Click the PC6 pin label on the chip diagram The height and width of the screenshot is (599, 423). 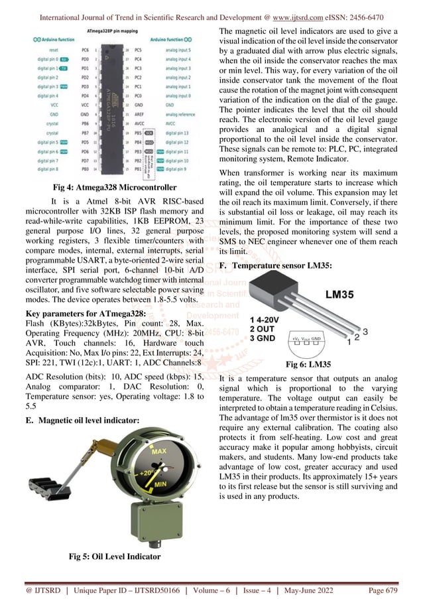[x=86, y=50]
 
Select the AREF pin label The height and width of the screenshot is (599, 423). [x=137, y=114]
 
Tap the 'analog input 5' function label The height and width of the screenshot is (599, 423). [x=178, y=50]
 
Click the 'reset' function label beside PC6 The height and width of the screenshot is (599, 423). [x=55, y=50]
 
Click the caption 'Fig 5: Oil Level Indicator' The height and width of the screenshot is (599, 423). [x=115, y=557]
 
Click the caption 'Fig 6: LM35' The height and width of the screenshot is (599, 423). [x=308, y=364]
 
